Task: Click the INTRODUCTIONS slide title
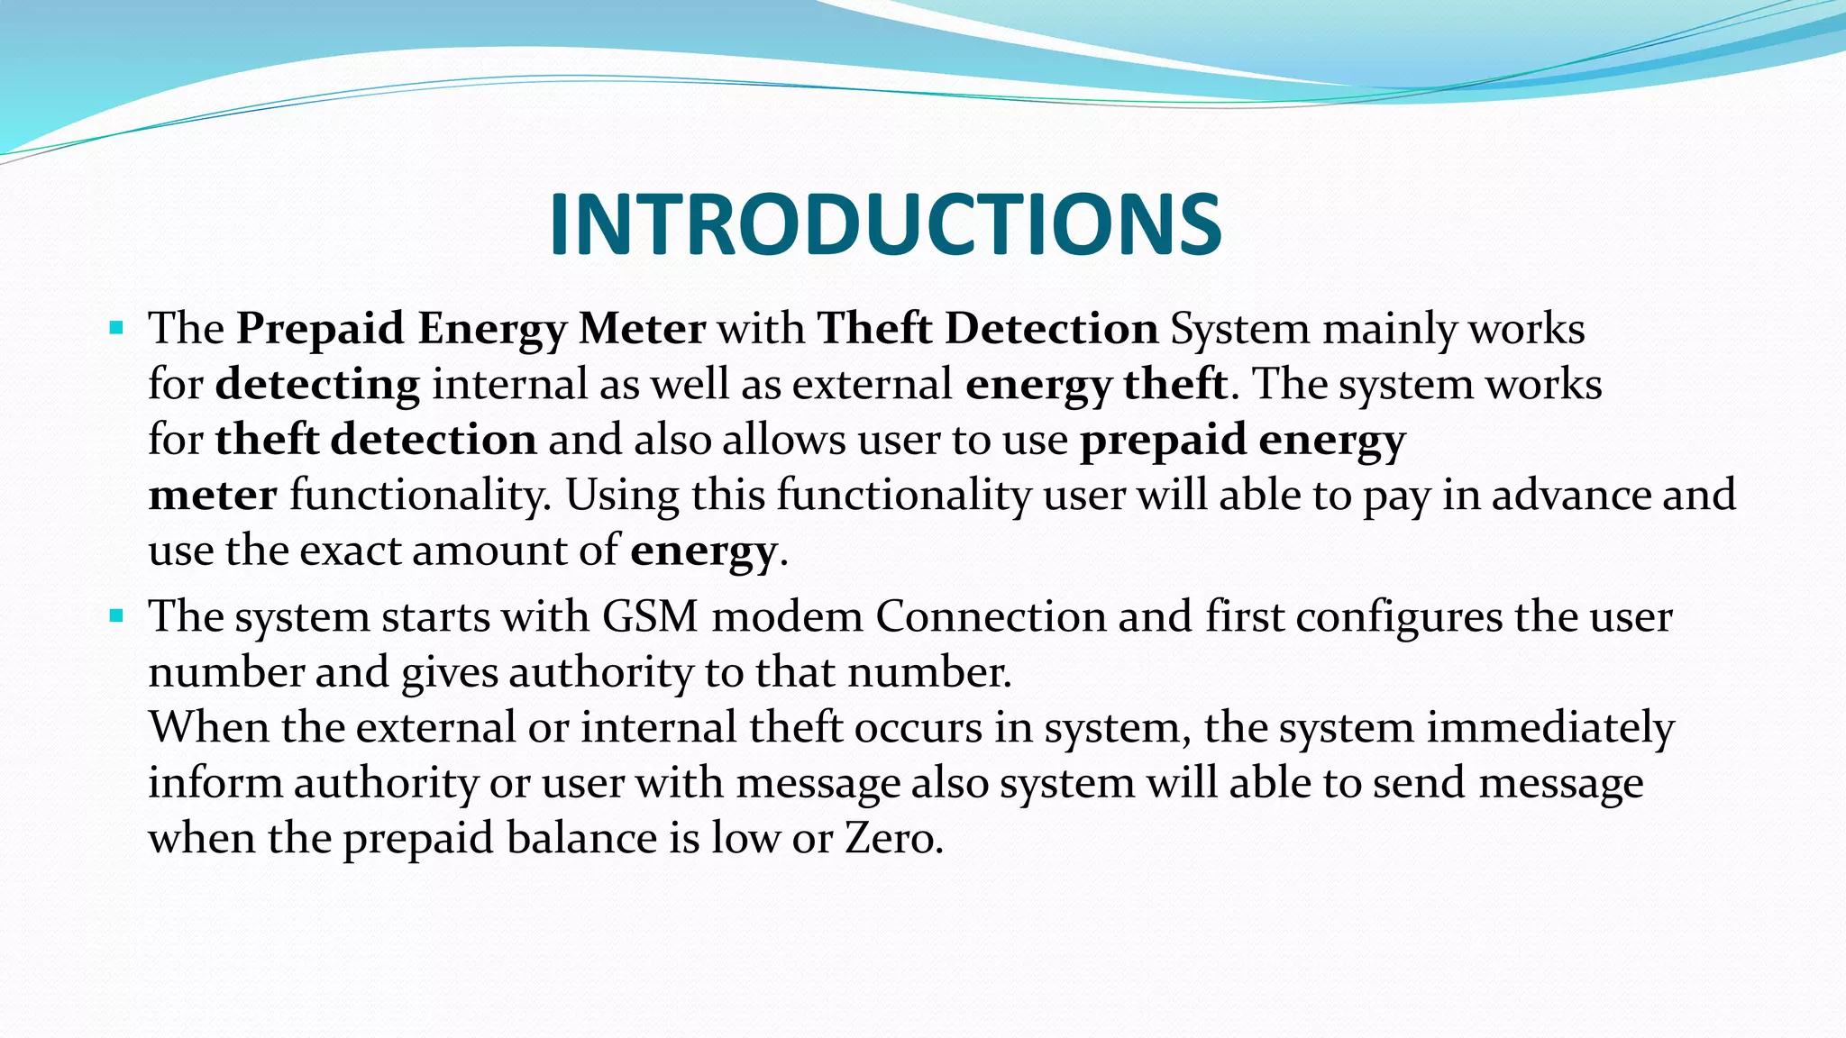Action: (x=885, y=225)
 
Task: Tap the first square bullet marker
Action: (x=116, y=327)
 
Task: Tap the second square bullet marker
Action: (x=116, y=616)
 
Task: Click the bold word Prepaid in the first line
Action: (x=320, y=329)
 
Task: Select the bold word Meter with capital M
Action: (x=642, y=329)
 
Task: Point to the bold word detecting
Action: (x=317, y=386)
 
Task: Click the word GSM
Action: (x=650, y=617)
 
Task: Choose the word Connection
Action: (x=991, y=617)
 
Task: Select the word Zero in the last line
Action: (x=892, y=839)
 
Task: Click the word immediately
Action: (x=1549, y=728)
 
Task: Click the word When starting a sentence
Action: (x=209, y=727)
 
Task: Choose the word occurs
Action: (x=918, y=728)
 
